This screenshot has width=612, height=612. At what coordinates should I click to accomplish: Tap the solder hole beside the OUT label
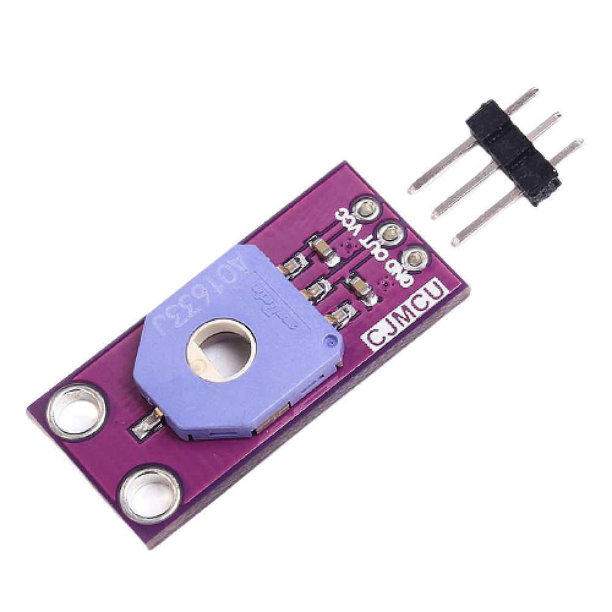point(390,233)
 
